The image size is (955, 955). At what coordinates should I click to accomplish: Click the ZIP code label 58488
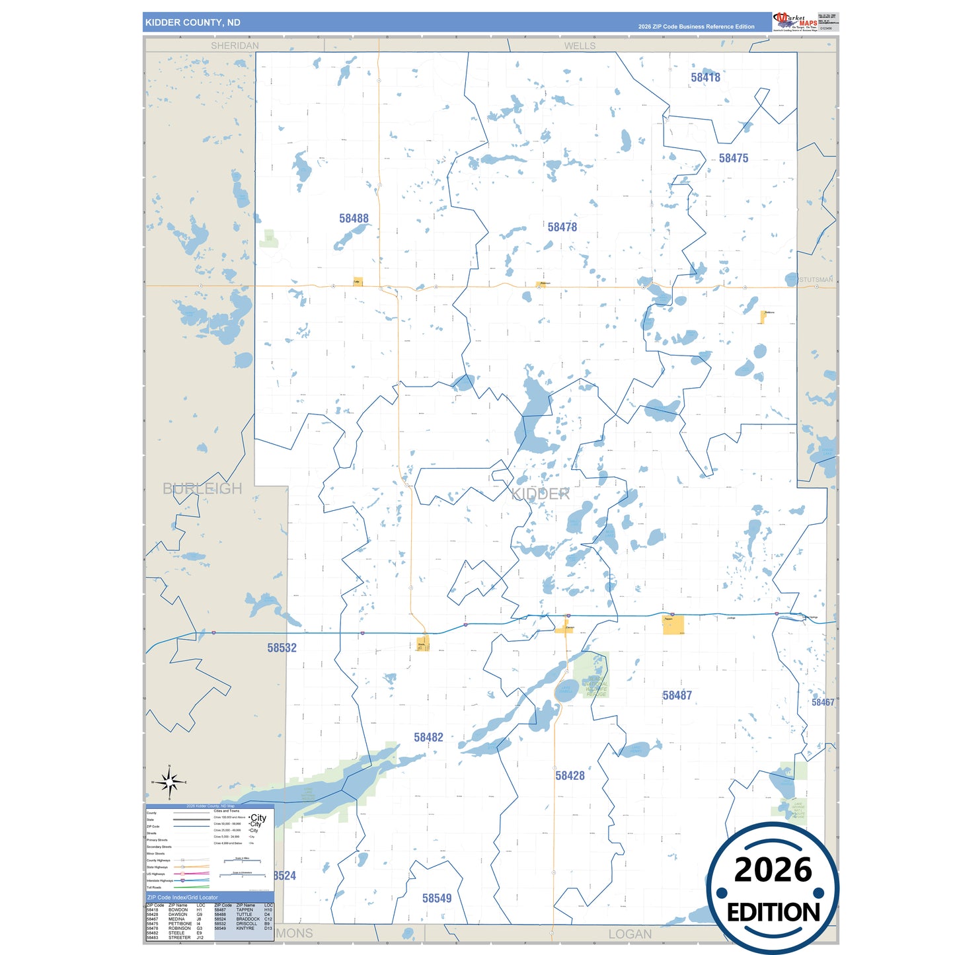point(354,218)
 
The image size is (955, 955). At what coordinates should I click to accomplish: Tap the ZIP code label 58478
point(562,227)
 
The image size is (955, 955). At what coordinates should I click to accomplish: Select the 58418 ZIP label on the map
point(705,77)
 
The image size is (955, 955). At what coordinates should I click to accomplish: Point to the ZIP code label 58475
point(734,158)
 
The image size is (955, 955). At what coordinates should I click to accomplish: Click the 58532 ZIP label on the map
point(282,648)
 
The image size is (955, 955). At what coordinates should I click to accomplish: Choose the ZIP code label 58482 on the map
point(428,737)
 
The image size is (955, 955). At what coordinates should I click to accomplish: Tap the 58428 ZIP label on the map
point(570,775)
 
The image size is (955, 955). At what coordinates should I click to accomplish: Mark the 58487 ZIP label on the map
point(677,695)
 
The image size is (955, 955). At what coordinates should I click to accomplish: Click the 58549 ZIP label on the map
point(437,898)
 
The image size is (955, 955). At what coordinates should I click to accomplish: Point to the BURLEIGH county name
point(202,488)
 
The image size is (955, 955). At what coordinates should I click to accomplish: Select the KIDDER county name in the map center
point(541,494)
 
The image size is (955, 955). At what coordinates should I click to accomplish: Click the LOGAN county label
point(629,934)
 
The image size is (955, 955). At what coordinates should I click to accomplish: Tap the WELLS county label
point(580,46)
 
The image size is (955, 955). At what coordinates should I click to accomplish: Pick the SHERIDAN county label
point(235,46)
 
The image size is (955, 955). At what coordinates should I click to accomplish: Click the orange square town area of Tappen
point(673,625)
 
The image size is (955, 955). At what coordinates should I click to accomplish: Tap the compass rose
point(170,783)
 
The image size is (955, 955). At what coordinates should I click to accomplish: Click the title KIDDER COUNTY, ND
point(193,22)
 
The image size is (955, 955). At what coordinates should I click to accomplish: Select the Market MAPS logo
point(795,22)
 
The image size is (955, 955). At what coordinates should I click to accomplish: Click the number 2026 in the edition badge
point(773,870)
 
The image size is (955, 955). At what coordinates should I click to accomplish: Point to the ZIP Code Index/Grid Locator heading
point(182,898)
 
